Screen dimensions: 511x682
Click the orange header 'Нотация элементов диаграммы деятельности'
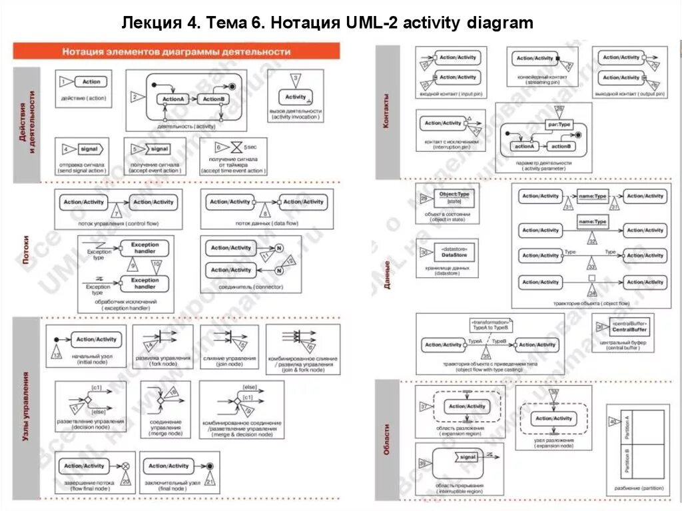click(x=176, y=51)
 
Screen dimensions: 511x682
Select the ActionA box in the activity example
click(x=173, y=99)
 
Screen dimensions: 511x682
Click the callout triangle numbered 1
click(x=65, y=82)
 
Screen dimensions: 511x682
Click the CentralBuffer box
click(x=629, y=327)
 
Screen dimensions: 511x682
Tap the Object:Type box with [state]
click(x=454, y=197)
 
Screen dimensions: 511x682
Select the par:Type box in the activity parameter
click(x=560, y=125)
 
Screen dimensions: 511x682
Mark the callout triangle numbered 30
click(x=424, y=253)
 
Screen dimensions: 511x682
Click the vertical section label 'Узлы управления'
click(x=26, y=406)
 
